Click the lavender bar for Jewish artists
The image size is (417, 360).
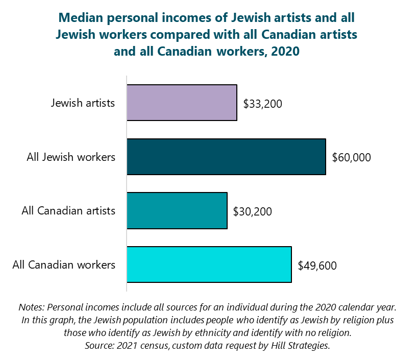pos(182,103)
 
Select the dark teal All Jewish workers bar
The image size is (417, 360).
pos(226,157)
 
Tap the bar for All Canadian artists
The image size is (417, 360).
pos(177,210)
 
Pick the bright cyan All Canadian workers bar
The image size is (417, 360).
pos(209,265)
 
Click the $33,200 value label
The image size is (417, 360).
pos(262,104)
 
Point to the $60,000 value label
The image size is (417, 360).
pos(351,157)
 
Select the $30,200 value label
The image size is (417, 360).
pos(252,211)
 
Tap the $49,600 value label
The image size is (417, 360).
pos(317,265)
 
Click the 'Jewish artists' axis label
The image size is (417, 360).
pos(83,103)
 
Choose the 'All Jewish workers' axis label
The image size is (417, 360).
pos(71,157)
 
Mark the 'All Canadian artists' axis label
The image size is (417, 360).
pos(68,210)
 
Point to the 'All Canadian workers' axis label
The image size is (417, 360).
pos(64,265)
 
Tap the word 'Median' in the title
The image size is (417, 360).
pos(83,18)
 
